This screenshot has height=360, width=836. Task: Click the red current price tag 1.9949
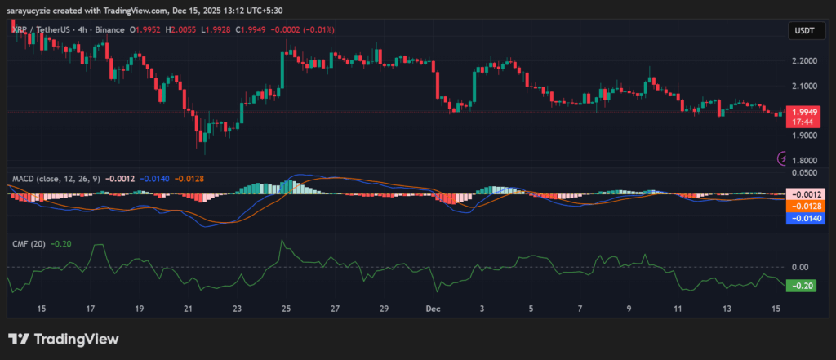(803, 112)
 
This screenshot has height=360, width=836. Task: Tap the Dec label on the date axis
(434, 309)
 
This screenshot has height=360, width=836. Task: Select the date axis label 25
(287, 309)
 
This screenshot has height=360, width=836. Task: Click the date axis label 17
(91, 309)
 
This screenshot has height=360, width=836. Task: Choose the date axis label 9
(629, 309)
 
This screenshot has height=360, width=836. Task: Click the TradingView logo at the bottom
(64, 339)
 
